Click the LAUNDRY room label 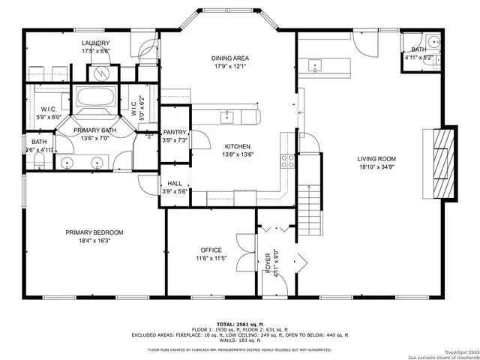pos(96,43)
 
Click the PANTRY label pos(174,132)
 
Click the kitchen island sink pos(226,115)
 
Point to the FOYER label pos(268,265)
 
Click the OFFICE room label pos(211,250)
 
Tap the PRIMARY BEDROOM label pos(94,232)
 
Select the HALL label pos(174,183)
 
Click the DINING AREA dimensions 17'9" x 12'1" pos(230,67)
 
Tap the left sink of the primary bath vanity pos(69,162)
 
